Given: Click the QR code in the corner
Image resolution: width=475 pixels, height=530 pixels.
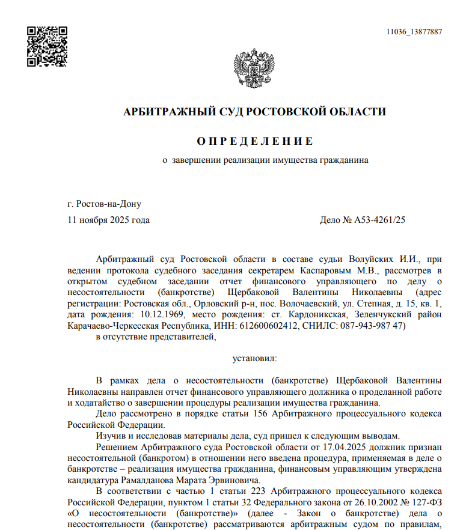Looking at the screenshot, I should point(47,46).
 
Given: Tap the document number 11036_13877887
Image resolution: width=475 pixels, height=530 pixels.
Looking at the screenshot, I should point(414,32).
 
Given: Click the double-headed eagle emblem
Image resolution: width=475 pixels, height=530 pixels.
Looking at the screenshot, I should point(253,72).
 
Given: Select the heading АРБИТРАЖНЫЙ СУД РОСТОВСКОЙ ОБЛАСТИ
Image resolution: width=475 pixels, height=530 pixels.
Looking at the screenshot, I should point(254,112).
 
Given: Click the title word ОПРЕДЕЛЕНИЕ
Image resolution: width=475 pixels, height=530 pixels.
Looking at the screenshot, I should point(255,141).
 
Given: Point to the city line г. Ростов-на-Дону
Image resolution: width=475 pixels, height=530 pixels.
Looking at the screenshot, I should point(105,204).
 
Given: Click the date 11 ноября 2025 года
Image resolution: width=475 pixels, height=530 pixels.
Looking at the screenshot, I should point(109,220).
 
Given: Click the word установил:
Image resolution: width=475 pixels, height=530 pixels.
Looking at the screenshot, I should point(255,359).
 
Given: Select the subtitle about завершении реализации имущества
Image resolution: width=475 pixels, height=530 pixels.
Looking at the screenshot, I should point(266,160).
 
